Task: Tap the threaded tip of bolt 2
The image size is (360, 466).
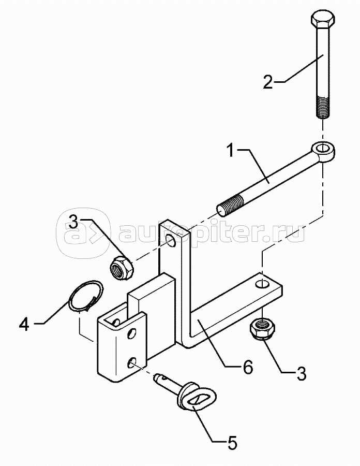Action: tap(323, 107)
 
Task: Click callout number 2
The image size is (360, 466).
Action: tap(268, 82)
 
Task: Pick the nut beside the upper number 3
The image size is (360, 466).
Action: tap(122, 267)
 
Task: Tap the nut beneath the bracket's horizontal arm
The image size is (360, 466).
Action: tap(262, 328)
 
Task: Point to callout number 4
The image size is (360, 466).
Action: tap(24, 324)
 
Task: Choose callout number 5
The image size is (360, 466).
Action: tap(232, 443)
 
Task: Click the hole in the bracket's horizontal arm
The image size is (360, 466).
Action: tap(262, 284)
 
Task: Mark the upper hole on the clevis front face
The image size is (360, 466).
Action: tap(131, 333)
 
